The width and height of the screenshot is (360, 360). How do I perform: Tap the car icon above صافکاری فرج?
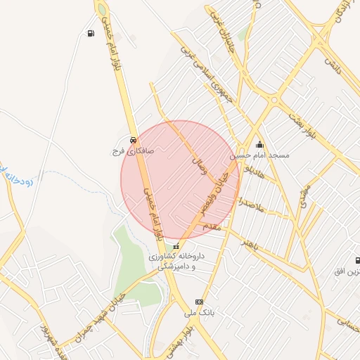click(x=134, y=139)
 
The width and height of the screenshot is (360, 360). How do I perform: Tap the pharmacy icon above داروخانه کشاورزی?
click(x=176, y=246)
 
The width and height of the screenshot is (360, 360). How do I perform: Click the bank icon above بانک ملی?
click(x=199, y=300)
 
